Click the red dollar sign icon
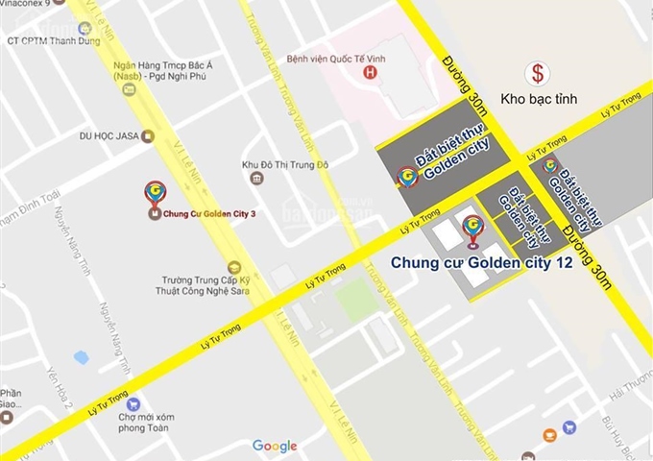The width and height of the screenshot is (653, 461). click(538, 73)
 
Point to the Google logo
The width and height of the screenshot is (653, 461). click(275, 446)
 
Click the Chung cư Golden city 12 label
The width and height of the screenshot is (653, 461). click(481, 260)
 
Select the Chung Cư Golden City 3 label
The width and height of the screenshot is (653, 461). click(209, 215)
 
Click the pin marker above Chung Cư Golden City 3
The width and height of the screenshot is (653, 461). click(154, 193)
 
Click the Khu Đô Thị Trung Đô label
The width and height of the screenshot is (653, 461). click(285, 164)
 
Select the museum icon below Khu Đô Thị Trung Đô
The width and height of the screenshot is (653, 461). click(256, 179)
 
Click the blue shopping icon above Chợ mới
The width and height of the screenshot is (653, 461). click(133, 404)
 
